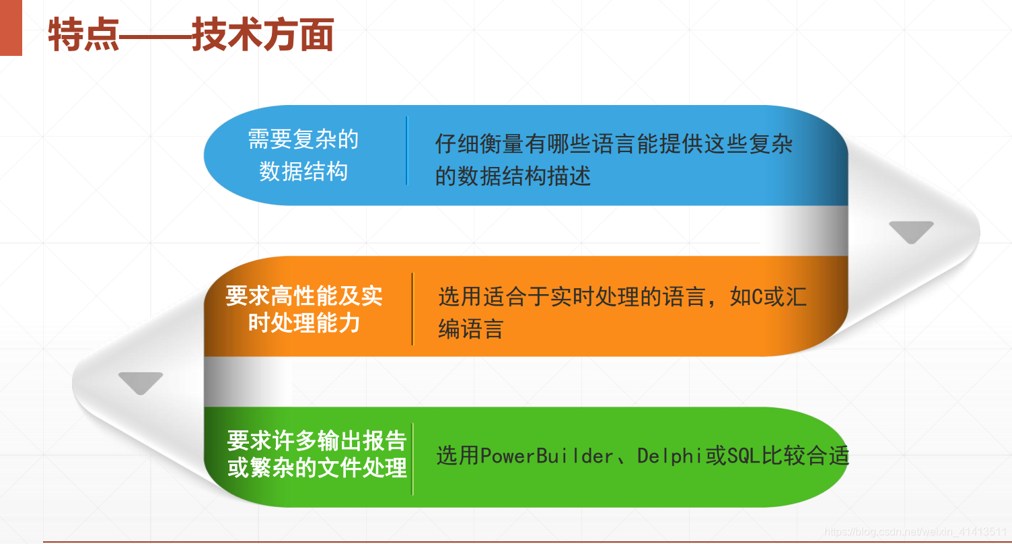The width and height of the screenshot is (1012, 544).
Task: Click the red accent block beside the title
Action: point(10,28)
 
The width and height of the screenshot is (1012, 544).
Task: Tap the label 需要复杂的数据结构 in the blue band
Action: point(303,156)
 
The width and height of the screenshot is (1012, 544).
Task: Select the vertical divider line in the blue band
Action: point(406,150)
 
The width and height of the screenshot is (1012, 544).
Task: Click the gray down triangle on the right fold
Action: point(911,232)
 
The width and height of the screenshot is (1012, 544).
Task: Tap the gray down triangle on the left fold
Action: point(141,382)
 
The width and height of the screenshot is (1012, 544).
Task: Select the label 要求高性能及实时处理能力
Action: point(304,309)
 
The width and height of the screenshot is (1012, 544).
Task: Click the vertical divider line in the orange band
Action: point(412,309)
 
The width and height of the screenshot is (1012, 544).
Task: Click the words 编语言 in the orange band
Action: point(470,329)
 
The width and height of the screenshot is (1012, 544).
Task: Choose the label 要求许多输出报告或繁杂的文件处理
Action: point(317,454)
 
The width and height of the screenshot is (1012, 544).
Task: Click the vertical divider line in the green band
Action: point(412,458)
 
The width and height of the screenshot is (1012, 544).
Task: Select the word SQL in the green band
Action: point(744,456)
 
